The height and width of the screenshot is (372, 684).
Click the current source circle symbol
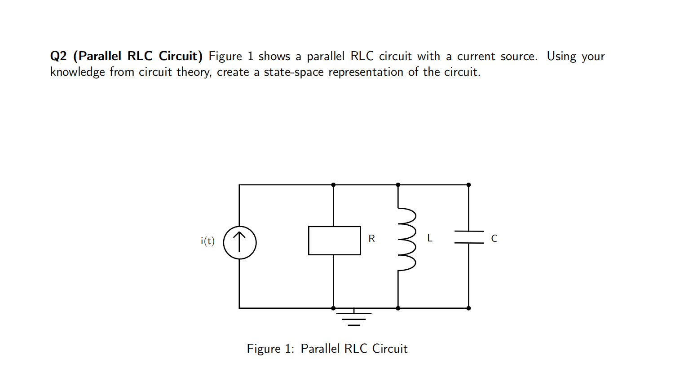tap(240, 242)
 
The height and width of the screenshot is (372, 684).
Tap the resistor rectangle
tap(334, 241)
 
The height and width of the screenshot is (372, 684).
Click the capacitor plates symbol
tap(469, 237)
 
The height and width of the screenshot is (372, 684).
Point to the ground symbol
tap(354, 317)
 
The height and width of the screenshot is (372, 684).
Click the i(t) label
tap(207, 241)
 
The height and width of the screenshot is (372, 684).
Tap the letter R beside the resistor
tap(371, 239)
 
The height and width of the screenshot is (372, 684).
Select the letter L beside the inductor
tap(430, 238)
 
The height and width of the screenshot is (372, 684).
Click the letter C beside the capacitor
tap(494, 239)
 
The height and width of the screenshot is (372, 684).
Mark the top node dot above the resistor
tap(333, 185)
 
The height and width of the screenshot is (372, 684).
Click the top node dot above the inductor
tap(398, 185)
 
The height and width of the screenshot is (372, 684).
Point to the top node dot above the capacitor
tap(468, 185)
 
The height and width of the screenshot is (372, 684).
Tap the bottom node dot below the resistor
tap(333, 308)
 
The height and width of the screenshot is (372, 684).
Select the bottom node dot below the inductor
tap(398, 308)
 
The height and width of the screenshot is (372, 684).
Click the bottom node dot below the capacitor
tap(468, 308)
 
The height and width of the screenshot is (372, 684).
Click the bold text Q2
tap(58, 56)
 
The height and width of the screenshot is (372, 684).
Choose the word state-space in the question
tap(293, 72)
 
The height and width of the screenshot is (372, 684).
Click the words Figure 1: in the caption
tap(270, 349)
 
